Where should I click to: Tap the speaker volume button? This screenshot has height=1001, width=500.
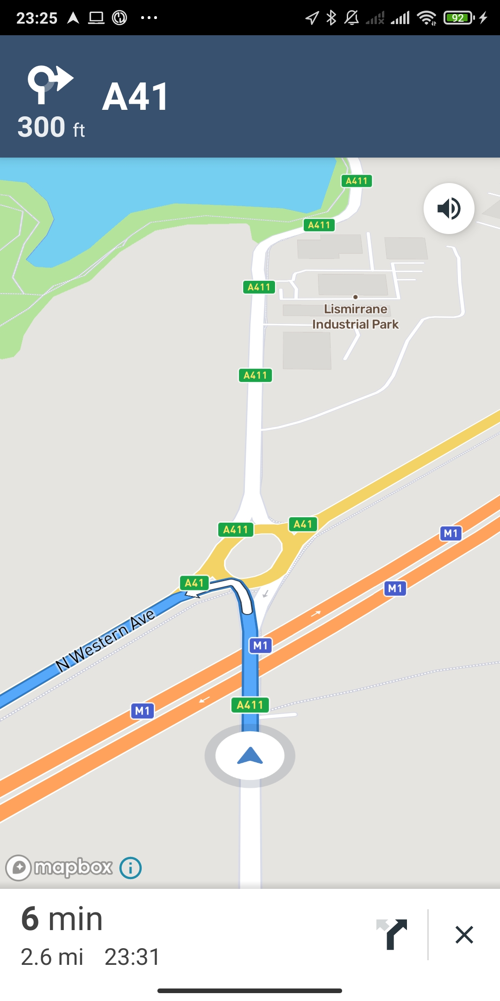(449, 209)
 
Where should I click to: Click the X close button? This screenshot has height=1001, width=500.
(464, 935)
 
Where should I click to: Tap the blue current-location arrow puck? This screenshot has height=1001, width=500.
(250, 756)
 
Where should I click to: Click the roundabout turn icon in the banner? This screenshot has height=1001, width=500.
(50, 83)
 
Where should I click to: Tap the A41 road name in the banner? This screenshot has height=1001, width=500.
(135, 97)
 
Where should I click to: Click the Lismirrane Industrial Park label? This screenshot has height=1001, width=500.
(356, 317)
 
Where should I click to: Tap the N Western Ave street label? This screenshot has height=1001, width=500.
(105, 640)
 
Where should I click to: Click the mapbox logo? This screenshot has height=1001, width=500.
(59, 868)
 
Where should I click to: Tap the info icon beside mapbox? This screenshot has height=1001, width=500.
(131, 868)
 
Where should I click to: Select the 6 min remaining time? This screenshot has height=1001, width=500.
(62, 919)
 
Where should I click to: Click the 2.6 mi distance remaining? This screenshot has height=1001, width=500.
(52, 957)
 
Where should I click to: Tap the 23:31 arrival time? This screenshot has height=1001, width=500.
(132, 957)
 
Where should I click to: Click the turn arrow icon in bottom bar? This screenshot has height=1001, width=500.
(392, 934)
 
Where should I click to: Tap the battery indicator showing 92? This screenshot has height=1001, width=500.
(458, 18)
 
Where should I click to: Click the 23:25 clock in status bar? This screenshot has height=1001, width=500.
(37, 18)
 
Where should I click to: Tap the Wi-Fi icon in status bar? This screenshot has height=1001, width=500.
(426, 18)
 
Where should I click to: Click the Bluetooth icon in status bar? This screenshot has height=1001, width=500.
(331, 18)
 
